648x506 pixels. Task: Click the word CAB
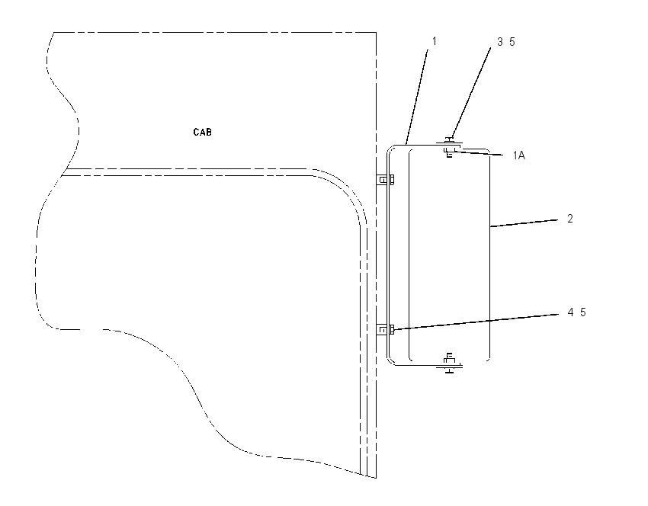[203, 132]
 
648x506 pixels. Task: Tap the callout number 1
[435, 41]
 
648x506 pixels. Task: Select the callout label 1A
[519, 155]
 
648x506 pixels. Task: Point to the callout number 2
[570, 219]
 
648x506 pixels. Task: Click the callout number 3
[500, 42]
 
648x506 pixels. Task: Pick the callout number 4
[571, 312]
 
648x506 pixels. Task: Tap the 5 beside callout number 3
[512, 42]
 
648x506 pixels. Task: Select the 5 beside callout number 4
[582, 312]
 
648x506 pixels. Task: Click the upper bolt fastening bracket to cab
[386, 180]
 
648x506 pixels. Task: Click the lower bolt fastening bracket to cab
[386, 330]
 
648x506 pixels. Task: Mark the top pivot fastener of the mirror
[450, 147]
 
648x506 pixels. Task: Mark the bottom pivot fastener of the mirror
[450, 363]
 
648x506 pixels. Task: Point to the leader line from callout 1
[418, 97]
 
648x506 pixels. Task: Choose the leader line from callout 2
[524, 223]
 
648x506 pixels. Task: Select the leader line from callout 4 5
[476, 322]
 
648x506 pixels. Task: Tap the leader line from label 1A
[478, 153]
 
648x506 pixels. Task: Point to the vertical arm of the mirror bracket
[388, 255]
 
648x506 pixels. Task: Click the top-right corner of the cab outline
[376, 32]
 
